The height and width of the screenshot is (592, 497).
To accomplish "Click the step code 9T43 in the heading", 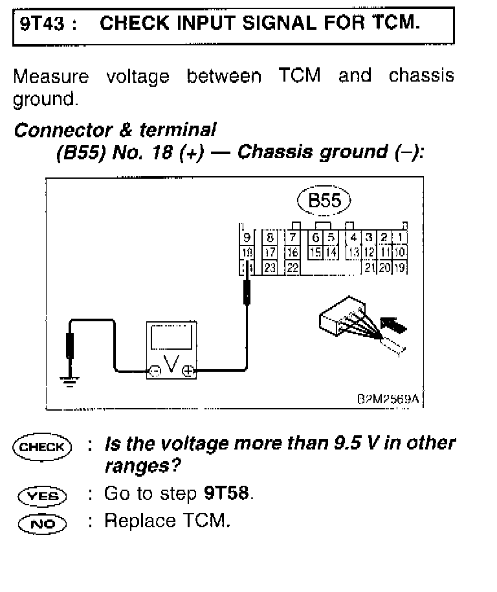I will pyautogui.click(x=39, y=24).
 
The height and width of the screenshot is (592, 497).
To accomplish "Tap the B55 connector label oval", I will pyautogui.click(x=324, y=200).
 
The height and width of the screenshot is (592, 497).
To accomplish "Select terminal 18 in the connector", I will pyautogui.click(x=247, y=253).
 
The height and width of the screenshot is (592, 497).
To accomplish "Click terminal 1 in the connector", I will pyautogui.click(x=401, y=238).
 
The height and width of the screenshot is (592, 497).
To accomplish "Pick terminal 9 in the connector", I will pyautogui.click(x=247, y=238).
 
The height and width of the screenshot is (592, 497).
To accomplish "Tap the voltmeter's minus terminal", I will pyautogui.click(x=154, y=371).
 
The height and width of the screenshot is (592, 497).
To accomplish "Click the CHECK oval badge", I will pyautogui.click(x=42, y=447).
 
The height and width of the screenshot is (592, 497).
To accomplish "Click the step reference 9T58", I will pyautogui.click(x=226, y=494).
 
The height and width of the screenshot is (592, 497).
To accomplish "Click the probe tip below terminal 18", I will pyautogui.click(x=247, y=290).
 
